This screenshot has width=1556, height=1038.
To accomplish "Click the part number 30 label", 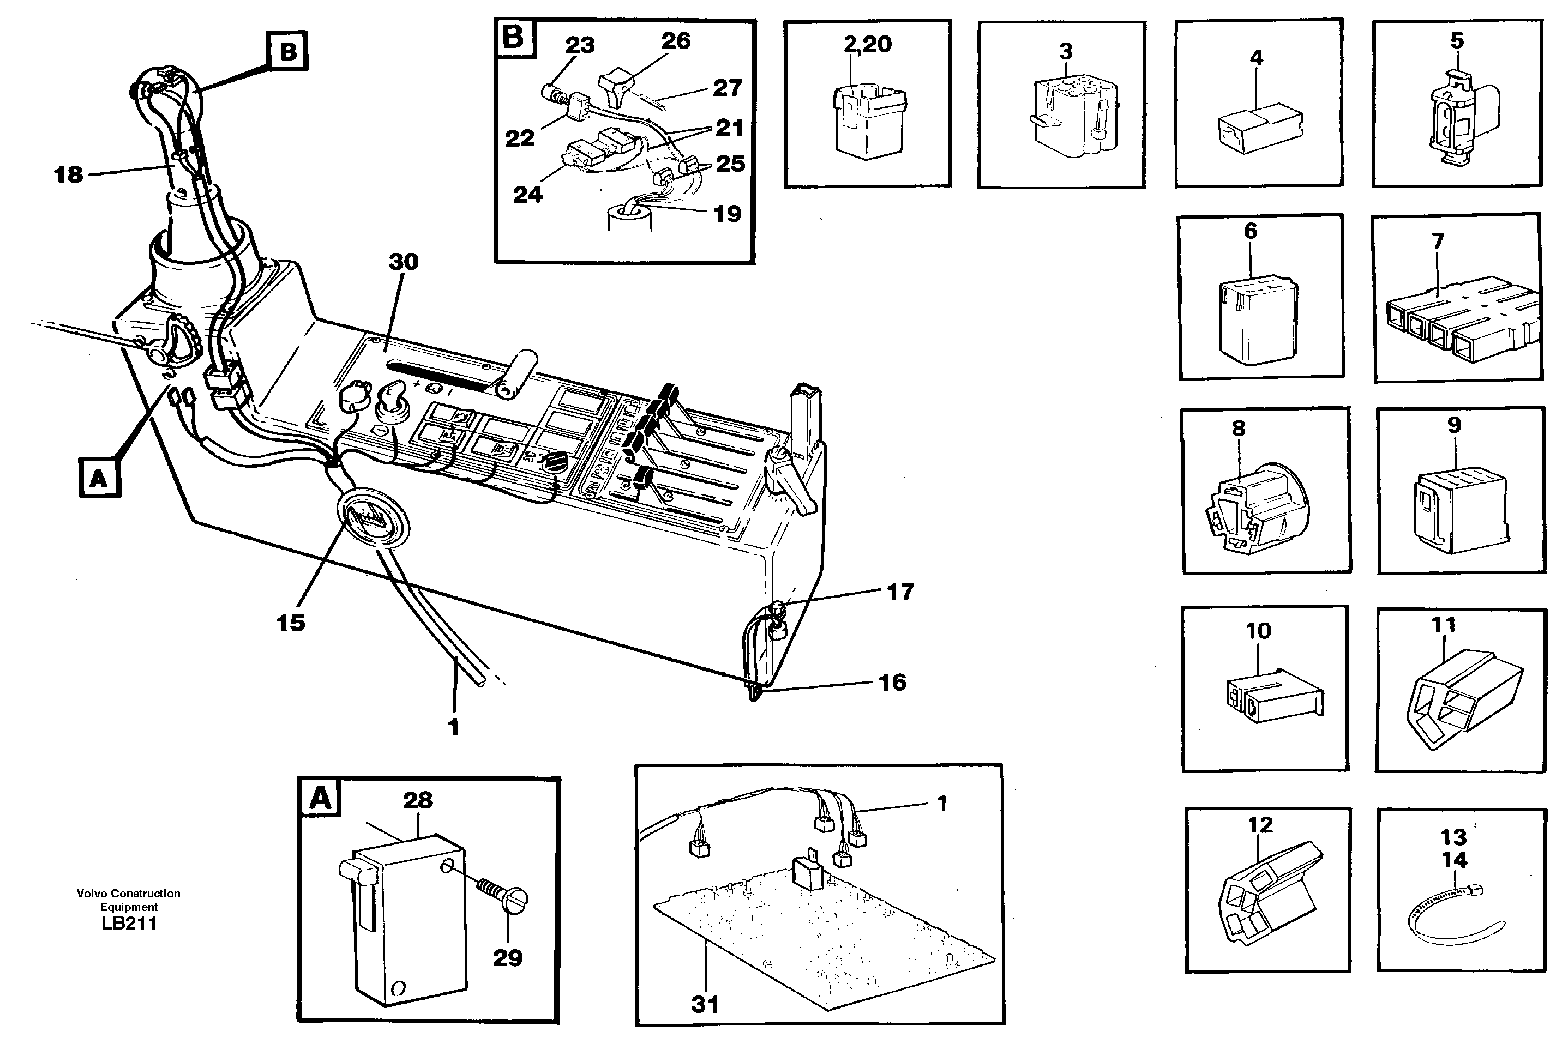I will tap(403, 262).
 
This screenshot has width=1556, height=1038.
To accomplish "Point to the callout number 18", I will tap(68, 175).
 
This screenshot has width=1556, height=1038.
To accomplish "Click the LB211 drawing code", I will tap(129, 924).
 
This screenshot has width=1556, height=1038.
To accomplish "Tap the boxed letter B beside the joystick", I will tap(288, 51).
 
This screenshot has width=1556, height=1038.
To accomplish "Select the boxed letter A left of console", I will tap(99, 478).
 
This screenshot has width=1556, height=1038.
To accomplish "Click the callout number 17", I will tap(900, 592).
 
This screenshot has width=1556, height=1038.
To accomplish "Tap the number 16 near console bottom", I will tap(891, 683).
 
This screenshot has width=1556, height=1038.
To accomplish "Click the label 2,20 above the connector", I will tap(867, 44).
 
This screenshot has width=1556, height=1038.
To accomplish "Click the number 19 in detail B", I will tap(726, 214).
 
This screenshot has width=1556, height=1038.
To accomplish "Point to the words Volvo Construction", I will tap(129, 894).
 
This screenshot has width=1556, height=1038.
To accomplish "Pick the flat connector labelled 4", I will tap(1259, 129).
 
